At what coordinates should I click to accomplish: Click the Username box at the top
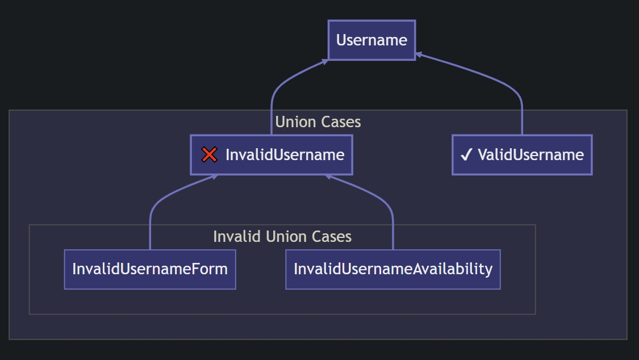(371, 40)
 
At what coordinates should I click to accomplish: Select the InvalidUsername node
(272, 155)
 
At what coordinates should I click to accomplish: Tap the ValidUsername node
(522, 155)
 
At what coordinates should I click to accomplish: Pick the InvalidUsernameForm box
(150, 270)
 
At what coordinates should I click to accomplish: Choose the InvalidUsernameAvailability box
(393, 270)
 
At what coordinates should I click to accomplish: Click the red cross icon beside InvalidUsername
(210, 155)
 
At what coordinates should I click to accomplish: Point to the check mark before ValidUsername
(466, 155)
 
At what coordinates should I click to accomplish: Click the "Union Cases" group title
(318, 122)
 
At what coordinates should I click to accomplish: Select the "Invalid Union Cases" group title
(282, 237)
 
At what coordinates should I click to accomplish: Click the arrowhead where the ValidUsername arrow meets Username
(418, 55)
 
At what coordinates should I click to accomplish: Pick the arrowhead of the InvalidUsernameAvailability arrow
(328, 177)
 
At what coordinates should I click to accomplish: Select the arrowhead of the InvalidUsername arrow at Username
(325, 61)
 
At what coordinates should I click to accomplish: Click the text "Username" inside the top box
(371, 40)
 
